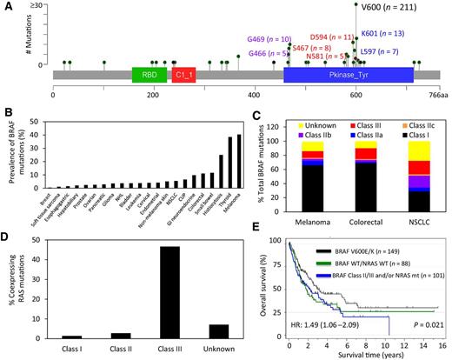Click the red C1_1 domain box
coord(184,77)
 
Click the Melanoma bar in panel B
coord(214,161)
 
